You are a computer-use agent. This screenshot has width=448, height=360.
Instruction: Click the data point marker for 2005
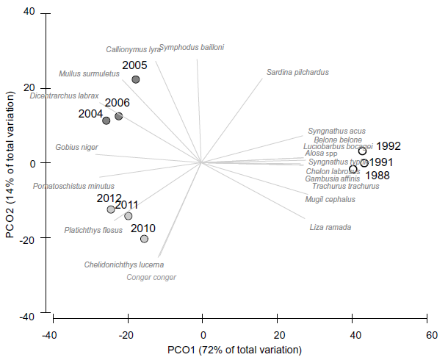pos(136,79)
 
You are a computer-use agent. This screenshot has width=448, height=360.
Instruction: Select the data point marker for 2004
pos(106,120)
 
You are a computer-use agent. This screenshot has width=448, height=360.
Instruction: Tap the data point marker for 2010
pos(144,239)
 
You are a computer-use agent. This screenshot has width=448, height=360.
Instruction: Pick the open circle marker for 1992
pos(362,151)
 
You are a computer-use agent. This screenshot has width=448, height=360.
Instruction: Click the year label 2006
pos(118,104)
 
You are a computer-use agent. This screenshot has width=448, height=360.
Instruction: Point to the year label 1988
pos(377,176)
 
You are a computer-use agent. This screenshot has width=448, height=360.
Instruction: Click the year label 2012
pos(109,198)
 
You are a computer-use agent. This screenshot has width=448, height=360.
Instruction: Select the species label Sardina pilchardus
pos(297,73)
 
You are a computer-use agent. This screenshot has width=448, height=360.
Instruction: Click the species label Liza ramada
pos(330,228)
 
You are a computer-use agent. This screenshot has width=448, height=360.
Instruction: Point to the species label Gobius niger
pos(76,147)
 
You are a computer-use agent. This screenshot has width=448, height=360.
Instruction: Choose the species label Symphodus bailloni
pos(192,48)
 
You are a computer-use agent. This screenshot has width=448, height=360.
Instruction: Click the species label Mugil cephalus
pos(330,199)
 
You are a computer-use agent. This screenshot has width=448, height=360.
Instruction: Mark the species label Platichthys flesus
pos(93,230)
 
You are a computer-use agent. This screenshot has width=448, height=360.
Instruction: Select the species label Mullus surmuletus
pos(89,73)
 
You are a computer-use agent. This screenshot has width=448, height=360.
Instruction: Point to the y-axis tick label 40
pos(29,12)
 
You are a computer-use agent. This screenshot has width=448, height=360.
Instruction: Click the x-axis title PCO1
pos(234,349)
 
